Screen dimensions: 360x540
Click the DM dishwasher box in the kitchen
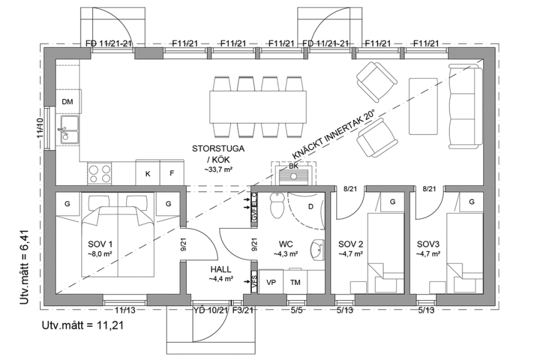67,102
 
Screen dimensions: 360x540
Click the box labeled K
147,173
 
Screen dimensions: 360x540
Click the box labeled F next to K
172,173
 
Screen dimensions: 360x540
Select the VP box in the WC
271,282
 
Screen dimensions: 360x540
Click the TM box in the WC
295,282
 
